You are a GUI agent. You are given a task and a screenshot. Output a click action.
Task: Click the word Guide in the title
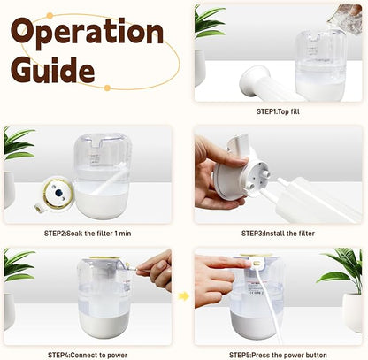point(53,69)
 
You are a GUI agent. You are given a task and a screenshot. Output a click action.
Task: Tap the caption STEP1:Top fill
point(278,111)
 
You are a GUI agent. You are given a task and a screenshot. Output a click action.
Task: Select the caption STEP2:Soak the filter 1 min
point(88,234)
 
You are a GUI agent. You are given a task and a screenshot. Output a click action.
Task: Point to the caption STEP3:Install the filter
point(278,234)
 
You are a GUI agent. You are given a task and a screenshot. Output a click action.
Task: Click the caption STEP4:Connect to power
point(88,355)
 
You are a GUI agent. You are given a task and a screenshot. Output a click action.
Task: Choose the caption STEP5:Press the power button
point(278,355)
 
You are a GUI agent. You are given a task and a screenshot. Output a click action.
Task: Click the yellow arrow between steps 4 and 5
point(183,296)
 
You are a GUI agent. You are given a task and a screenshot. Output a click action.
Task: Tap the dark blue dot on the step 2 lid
point(58,193)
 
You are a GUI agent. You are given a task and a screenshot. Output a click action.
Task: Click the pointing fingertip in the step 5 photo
point(247,262)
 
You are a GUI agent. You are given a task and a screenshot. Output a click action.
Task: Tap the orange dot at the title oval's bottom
point(107,88)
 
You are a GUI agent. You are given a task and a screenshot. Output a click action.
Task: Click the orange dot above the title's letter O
point(50,16)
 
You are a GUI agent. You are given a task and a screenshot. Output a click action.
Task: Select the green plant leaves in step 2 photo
point(19,142)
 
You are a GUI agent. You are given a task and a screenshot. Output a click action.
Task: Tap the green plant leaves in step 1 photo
point(208,21)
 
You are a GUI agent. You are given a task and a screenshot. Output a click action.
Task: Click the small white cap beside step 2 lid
point(38,208)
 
